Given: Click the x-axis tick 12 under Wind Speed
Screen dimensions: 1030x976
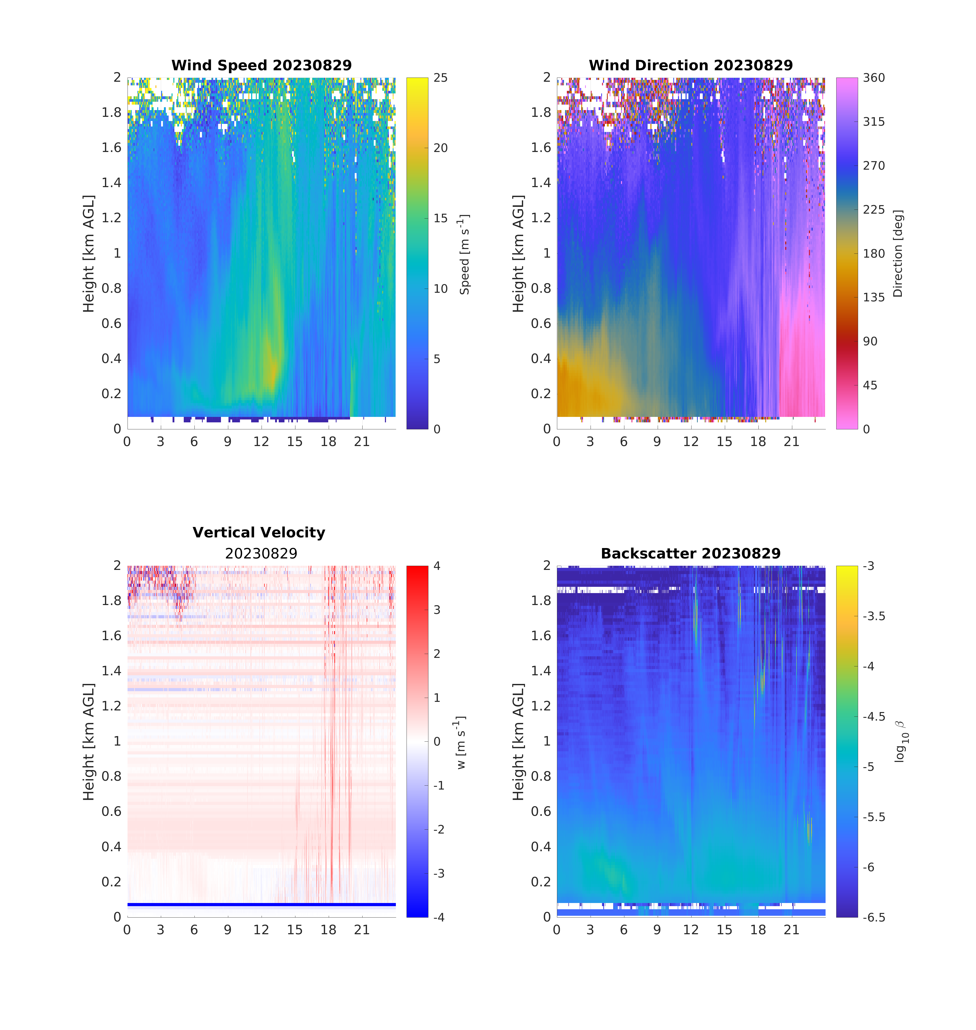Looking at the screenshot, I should point(261,442).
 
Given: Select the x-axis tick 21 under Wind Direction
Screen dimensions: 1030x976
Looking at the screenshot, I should point(791,442).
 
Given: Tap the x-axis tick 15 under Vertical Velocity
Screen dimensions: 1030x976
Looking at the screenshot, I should point(294,930).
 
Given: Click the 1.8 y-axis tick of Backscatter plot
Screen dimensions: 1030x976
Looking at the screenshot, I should point(541,601).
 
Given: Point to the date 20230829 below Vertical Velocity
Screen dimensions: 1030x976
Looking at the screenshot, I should point(261,554).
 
